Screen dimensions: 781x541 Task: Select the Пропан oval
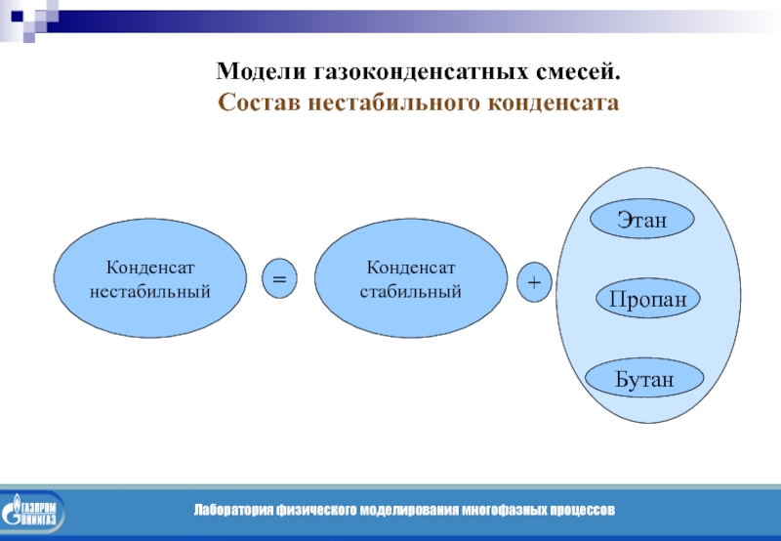click(648, 299)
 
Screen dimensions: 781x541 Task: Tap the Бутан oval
click(644, 377)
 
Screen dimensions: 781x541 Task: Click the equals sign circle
click(279, 279)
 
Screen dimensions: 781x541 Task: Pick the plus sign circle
click(534, 281)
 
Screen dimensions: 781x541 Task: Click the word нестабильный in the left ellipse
click(150, 291)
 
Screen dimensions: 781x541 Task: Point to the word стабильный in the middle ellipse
click(411, 291)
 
